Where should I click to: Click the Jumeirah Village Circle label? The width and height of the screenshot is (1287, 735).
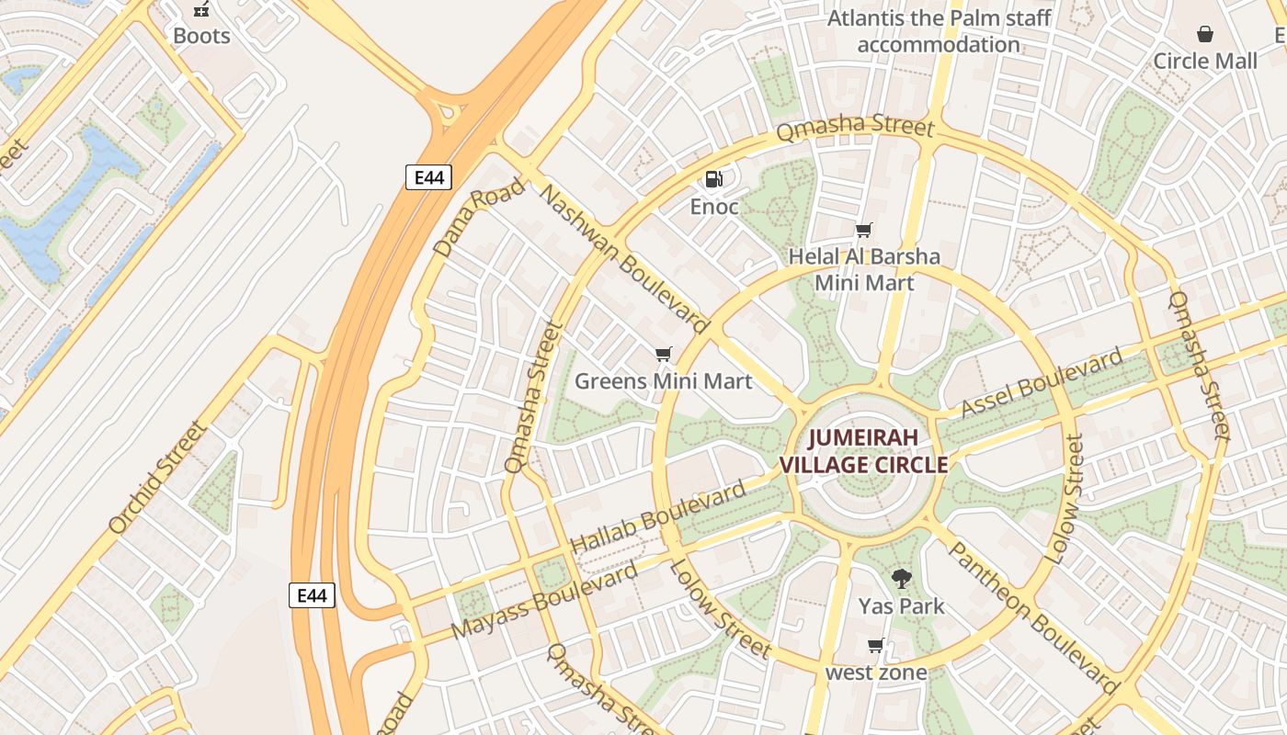click(863, 451)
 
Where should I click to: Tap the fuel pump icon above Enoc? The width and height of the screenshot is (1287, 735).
click(713, 179)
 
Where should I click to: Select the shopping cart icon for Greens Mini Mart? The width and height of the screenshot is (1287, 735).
click(663, 354)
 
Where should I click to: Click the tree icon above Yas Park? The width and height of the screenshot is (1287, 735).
click(901, 579)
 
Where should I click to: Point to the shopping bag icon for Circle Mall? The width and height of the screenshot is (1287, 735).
click(1204, 35)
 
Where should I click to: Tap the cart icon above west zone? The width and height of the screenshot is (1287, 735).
click(875, 645)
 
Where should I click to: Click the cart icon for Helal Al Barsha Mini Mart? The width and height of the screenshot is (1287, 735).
click(863, 230)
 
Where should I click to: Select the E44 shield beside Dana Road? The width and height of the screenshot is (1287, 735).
click(428, 177)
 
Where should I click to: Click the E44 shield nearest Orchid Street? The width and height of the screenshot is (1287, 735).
click(312, 595)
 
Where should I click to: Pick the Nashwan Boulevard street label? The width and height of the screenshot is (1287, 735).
click(624, 259)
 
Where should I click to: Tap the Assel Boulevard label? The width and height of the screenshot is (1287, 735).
click(1042, 383)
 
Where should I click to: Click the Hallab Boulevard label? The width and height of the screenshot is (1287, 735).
click(658, 517)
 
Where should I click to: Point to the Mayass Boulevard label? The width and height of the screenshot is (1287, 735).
click(544, 602)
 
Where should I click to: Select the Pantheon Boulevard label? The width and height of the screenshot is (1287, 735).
click(1032, 616)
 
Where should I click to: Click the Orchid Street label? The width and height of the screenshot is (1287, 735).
click(157, 478)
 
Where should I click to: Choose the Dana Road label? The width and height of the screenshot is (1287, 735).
click(478, 217)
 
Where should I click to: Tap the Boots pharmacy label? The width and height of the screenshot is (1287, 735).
click(201, 37)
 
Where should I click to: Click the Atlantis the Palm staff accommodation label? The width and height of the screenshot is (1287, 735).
click(939, 31)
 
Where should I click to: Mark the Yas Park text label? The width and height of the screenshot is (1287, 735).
click(901, 606)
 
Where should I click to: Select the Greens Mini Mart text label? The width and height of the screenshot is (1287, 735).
click(663, 380)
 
